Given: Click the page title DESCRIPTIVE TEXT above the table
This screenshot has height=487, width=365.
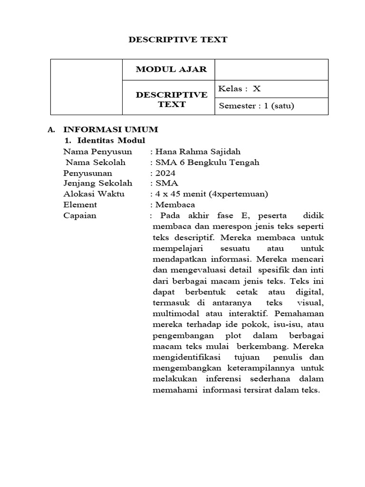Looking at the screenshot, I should [x=178, y=40].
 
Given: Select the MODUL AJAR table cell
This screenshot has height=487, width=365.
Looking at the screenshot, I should [x=171, y=69].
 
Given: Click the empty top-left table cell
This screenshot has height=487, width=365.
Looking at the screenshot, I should [x=86, y=87].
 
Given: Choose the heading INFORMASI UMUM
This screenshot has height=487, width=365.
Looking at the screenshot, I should [x=111, y=129].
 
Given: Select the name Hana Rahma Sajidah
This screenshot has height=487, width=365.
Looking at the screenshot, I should [x=197, y=152].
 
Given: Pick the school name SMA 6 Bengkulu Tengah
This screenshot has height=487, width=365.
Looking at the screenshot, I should [x=207, y=162].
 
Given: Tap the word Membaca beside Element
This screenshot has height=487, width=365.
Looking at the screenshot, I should [x=174, y=205].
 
